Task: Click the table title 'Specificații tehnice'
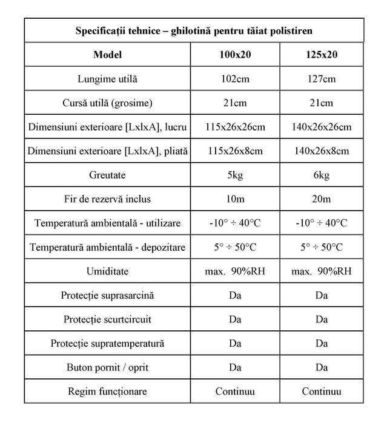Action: click(194, 30)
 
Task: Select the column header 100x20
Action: click(235, 55)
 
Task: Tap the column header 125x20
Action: click(322, 55)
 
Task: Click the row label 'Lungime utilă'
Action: click(108, 79)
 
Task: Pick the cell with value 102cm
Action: click(235, 79)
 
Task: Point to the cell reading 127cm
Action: click(322, 79)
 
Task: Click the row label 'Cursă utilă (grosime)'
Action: click(108, 103)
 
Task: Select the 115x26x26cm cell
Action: click(235, 127)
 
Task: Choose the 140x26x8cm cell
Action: click(322, 151)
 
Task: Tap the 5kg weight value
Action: click(235, 175)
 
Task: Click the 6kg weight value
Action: click(322, 175)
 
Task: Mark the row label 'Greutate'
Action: click(108, 175)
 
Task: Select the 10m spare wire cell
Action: click(235, 199)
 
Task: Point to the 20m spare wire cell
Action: click(322, 199)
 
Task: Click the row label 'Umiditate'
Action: click(108, 271)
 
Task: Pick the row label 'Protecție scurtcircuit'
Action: click(108, 319)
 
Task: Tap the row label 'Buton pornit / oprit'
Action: click(108, 367)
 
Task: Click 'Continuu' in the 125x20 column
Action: click(322, 392)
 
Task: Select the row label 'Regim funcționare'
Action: click(108, 392)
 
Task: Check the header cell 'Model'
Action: click(108, 55)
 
